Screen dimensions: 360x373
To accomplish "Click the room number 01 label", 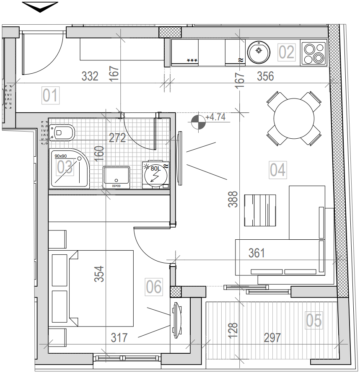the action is [x=51, y=96].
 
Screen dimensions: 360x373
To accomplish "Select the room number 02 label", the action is [x=287, y=52].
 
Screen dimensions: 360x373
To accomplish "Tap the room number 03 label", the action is [x=65, y=168].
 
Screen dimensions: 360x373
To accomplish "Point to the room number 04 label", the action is [x=277, y=170].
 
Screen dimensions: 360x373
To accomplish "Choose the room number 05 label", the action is [x=314, y=321].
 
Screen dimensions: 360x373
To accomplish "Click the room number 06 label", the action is [x=154, y=287].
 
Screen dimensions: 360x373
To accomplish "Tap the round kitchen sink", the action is [x=258, y=51].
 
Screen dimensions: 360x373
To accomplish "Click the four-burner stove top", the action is [x=313, y=53].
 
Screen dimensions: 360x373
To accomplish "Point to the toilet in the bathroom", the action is [x=62, y=133].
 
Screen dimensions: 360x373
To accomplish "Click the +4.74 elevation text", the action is [x=215, y=117].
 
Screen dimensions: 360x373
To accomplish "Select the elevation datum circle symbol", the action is [x=198, y=122].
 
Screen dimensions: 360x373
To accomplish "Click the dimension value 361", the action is [x=256, y=253].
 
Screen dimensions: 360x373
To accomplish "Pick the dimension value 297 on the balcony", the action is [x=272, y=337].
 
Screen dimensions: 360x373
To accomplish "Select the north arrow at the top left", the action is [x=40, y=6].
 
